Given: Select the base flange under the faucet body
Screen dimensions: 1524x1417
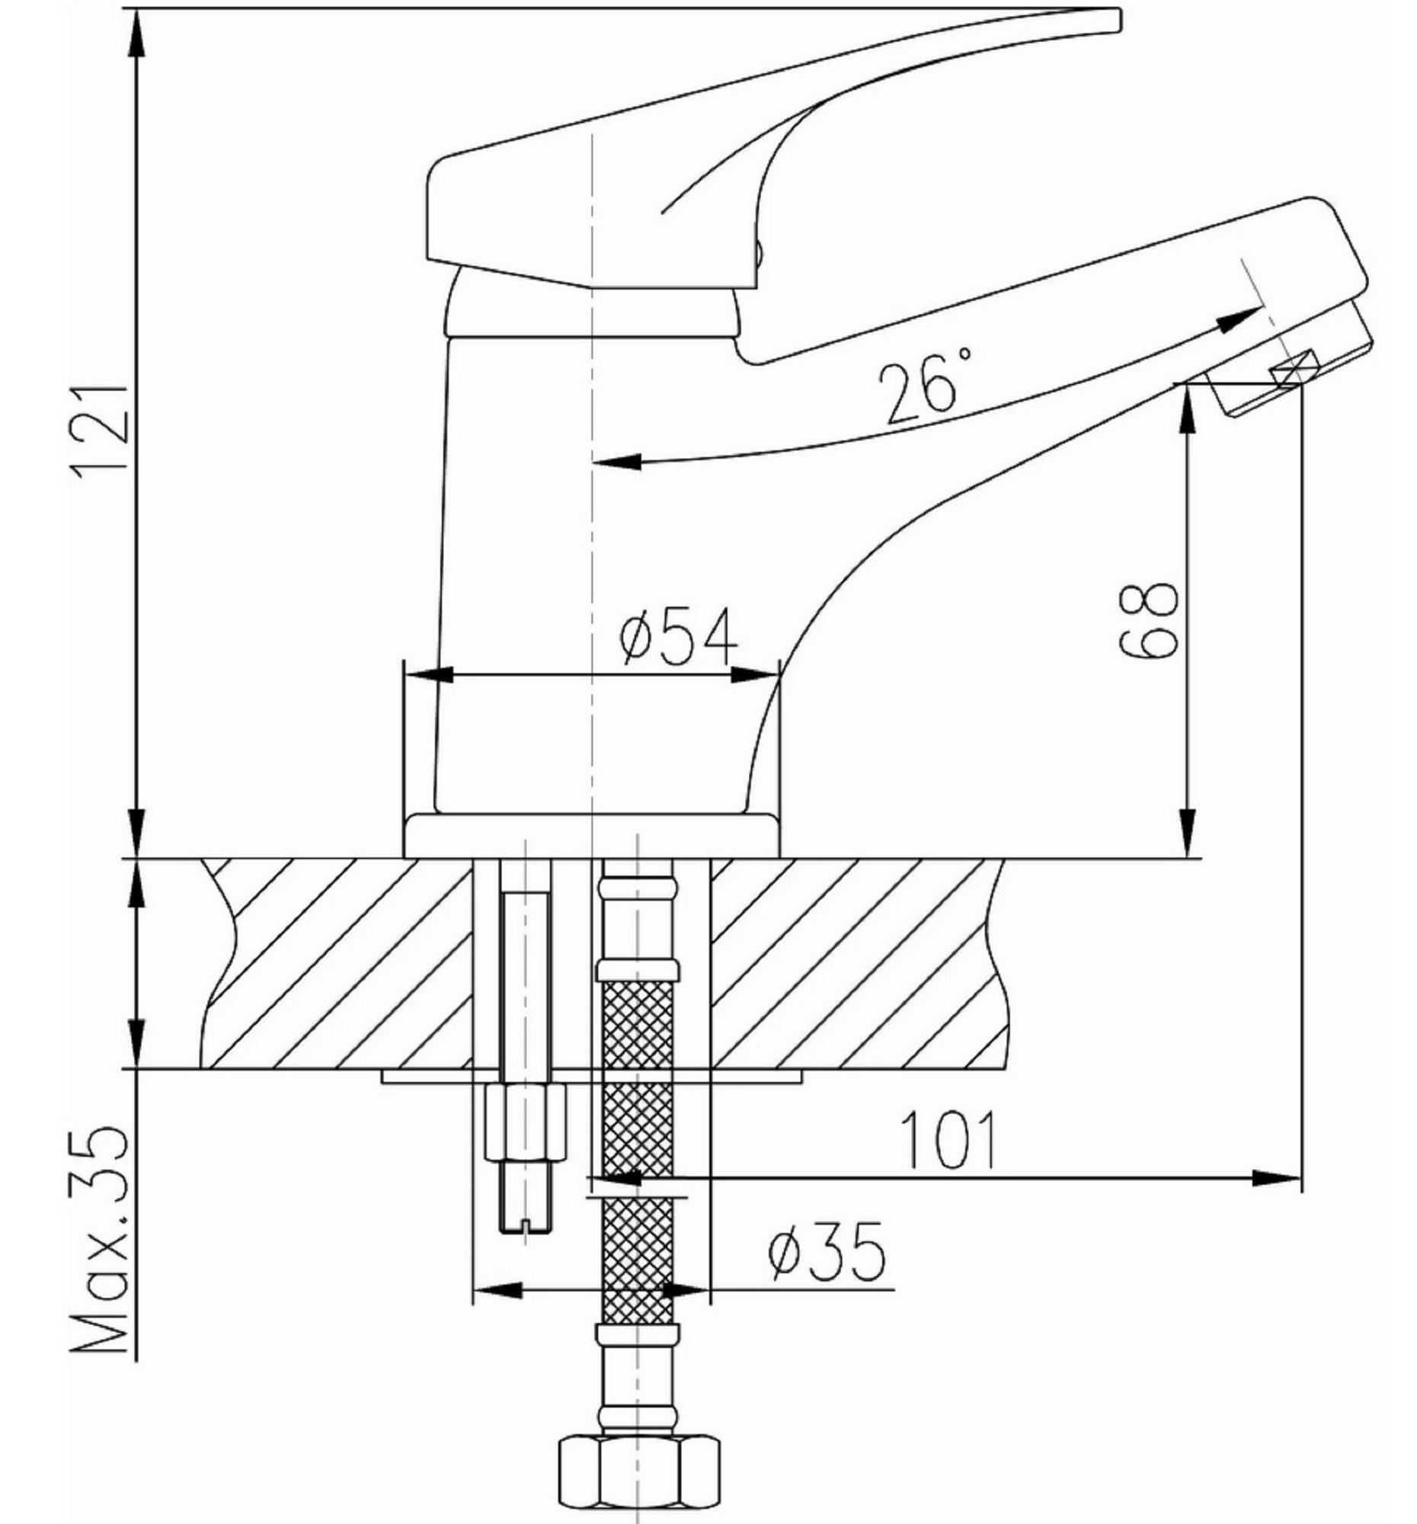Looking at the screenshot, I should click(x=591, y=836).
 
